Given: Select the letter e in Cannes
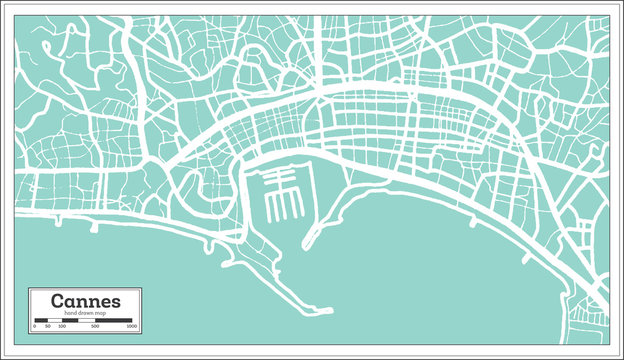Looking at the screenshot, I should click(105, 301).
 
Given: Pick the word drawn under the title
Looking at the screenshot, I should click(84, 314).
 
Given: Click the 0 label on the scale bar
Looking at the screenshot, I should click(35, 327).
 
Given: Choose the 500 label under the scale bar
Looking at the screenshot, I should click(95, 327).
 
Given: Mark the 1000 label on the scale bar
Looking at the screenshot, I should click(133, 327).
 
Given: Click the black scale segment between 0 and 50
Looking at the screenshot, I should click(40, 321).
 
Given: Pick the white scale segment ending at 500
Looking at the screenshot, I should click(85, 321).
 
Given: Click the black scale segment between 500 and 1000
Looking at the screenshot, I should click(115, 321).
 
